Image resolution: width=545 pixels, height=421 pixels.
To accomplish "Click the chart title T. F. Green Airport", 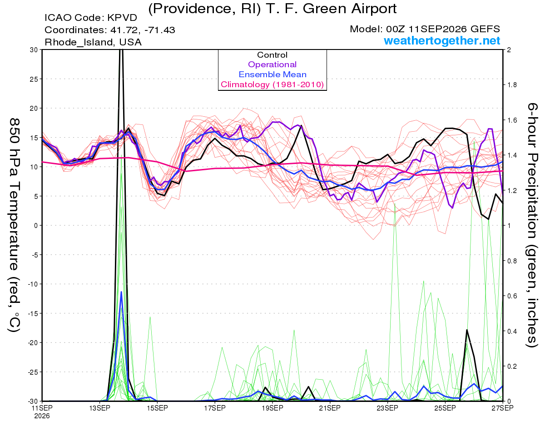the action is click(x=272, y=8).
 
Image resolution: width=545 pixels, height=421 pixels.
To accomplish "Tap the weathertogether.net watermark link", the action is click(x=442, y=40).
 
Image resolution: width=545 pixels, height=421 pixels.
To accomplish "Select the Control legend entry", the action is click(x=272, y=55).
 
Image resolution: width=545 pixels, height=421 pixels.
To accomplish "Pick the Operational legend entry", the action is click(x=272, y=64).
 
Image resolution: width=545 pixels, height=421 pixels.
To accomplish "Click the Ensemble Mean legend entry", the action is click(x=272, y=74).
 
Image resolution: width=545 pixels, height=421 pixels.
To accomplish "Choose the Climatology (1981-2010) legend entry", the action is click(x=272, y=84).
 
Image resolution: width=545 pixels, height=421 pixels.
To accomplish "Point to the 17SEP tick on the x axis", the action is click(x=215, y=408).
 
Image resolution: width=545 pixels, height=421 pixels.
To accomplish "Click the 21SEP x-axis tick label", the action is click(x=330, y=408).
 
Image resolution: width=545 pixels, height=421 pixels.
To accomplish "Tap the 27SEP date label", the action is click(x=502, y=408).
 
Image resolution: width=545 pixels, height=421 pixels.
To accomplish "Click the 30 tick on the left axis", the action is click(x=34, y=50).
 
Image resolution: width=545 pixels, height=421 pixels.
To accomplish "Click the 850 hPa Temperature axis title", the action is click(x=15, y=225).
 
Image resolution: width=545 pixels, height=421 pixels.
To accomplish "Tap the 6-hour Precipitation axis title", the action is click(x=532, y=225).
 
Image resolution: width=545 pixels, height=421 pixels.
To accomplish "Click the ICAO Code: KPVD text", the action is click(x=91, y=18).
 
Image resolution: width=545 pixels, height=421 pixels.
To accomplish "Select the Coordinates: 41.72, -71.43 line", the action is click(x=110, y=30).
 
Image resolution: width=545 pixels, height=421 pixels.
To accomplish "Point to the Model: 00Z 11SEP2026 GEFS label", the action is click(x=425, y=29).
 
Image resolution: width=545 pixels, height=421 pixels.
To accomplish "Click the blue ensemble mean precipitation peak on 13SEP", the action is click(x=121, y=292).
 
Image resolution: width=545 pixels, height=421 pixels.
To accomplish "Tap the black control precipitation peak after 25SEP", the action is click(x=467, y=330).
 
